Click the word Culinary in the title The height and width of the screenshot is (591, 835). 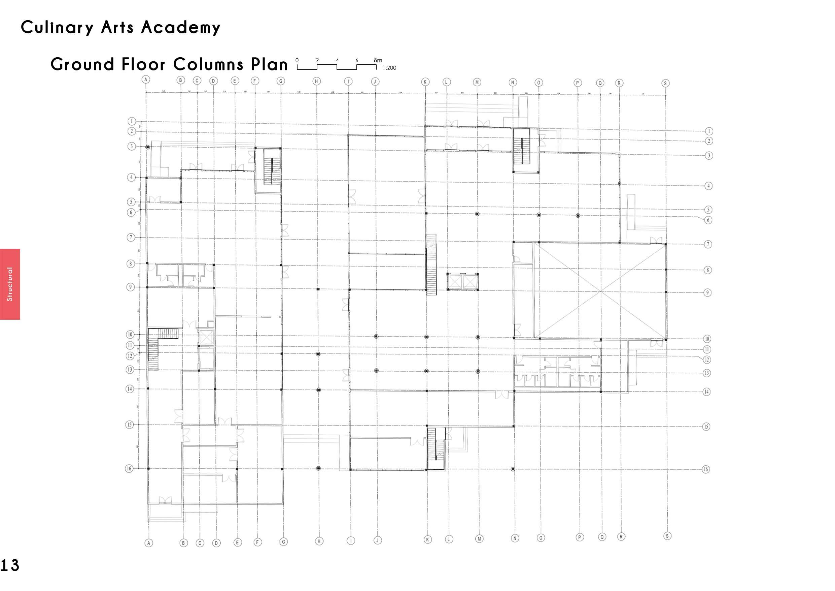[x=57, y=28]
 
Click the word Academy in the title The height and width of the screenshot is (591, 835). [x=180, y=28]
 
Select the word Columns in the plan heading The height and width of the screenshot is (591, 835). [x=208, y=64]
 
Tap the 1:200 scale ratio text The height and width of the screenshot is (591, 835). [x=389, y=68]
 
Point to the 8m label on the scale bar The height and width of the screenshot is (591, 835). [x=378, y=60]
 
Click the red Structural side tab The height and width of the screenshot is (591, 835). [x=10, y=284]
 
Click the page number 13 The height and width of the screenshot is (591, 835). [x=9, y=565]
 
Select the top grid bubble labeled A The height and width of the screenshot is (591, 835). [x=146, y=80]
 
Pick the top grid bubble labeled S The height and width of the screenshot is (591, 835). [x=665, y=83]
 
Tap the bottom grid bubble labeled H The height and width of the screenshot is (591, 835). [x=319, y=541]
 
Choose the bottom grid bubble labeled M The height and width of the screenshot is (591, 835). [x=479, y=538]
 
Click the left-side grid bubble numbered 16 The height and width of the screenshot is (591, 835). [x=129, y=469]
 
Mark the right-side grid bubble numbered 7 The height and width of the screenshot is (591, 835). [x=708, y=244]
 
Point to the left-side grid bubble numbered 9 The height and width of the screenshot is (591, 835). [x=130, y=287]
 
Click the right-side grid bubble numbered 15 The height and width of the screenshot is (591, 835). [x=706, y=427]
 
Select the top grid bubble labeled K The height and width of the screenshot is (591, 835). [x=425, y=82]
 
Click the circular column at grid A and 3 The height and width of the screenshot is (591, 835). [x=148, y=147]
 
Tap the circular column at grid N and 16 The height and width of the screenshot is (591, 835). [x=513, y=469]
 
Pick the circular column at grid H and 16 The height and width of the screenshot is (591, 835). [x=318, y=469]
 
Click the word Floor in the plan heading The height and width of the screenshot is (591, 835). [x=143, y=64]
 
